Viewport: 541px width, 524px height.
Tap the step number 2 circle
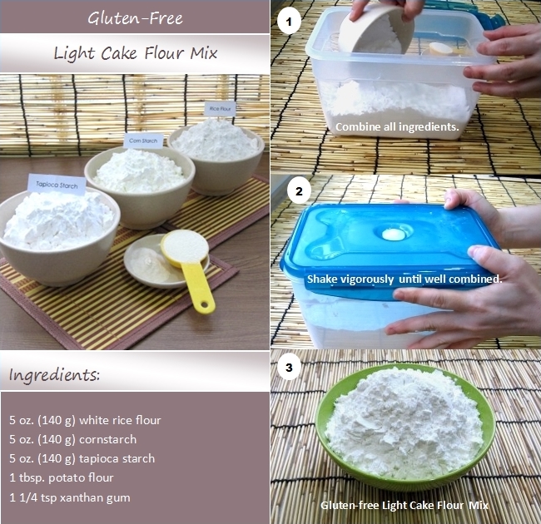[298, 191]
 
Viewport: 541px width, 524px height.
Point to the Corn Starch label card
[143, 141]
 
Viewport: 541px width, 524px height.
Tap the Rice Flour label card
[221, 108]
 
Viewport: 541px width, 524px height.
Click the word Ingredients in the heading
[54, 375]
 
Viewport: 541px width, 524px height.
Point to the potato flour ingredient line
[62, 477]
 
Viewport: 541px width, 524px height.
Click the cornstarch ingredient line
[72, 439]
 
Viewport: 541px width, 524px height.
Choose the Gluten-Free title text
[134, 17]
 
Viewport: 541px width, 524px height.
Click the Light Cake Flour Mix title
[134, 53]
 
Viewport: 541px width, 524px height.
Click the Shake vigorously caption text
[404, 279]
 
